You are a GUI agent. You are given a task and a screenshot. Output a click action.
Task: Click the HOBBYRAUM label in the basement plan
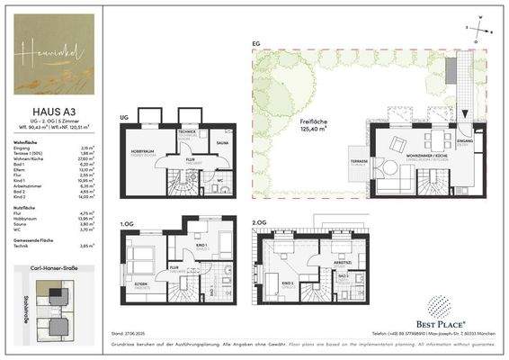click(145, 151)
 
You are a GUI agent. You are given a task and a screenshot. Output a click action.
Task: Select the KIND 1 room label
click(202, 246)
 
